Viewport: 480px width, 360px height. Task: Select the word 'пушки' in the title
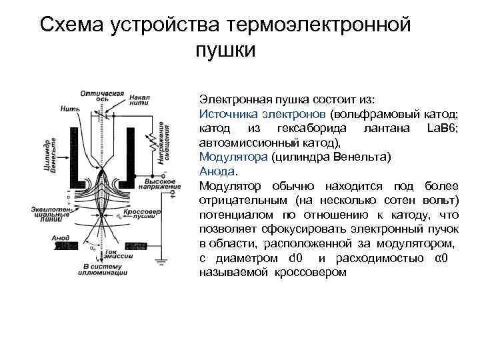[226, 50]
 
